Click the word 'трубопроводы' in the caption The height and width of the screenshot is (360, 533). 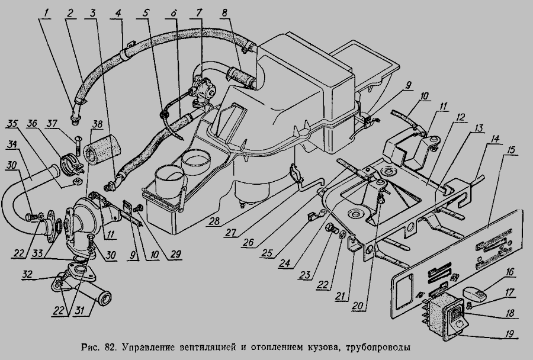pyautogui.click(x=377, y=346)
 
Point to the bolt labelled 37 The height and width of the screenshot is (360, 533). pyautogui.click(x=78, y=142)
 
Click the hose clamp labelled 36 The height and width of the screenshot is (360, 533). pyautogui.click(x=70, y=162)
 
